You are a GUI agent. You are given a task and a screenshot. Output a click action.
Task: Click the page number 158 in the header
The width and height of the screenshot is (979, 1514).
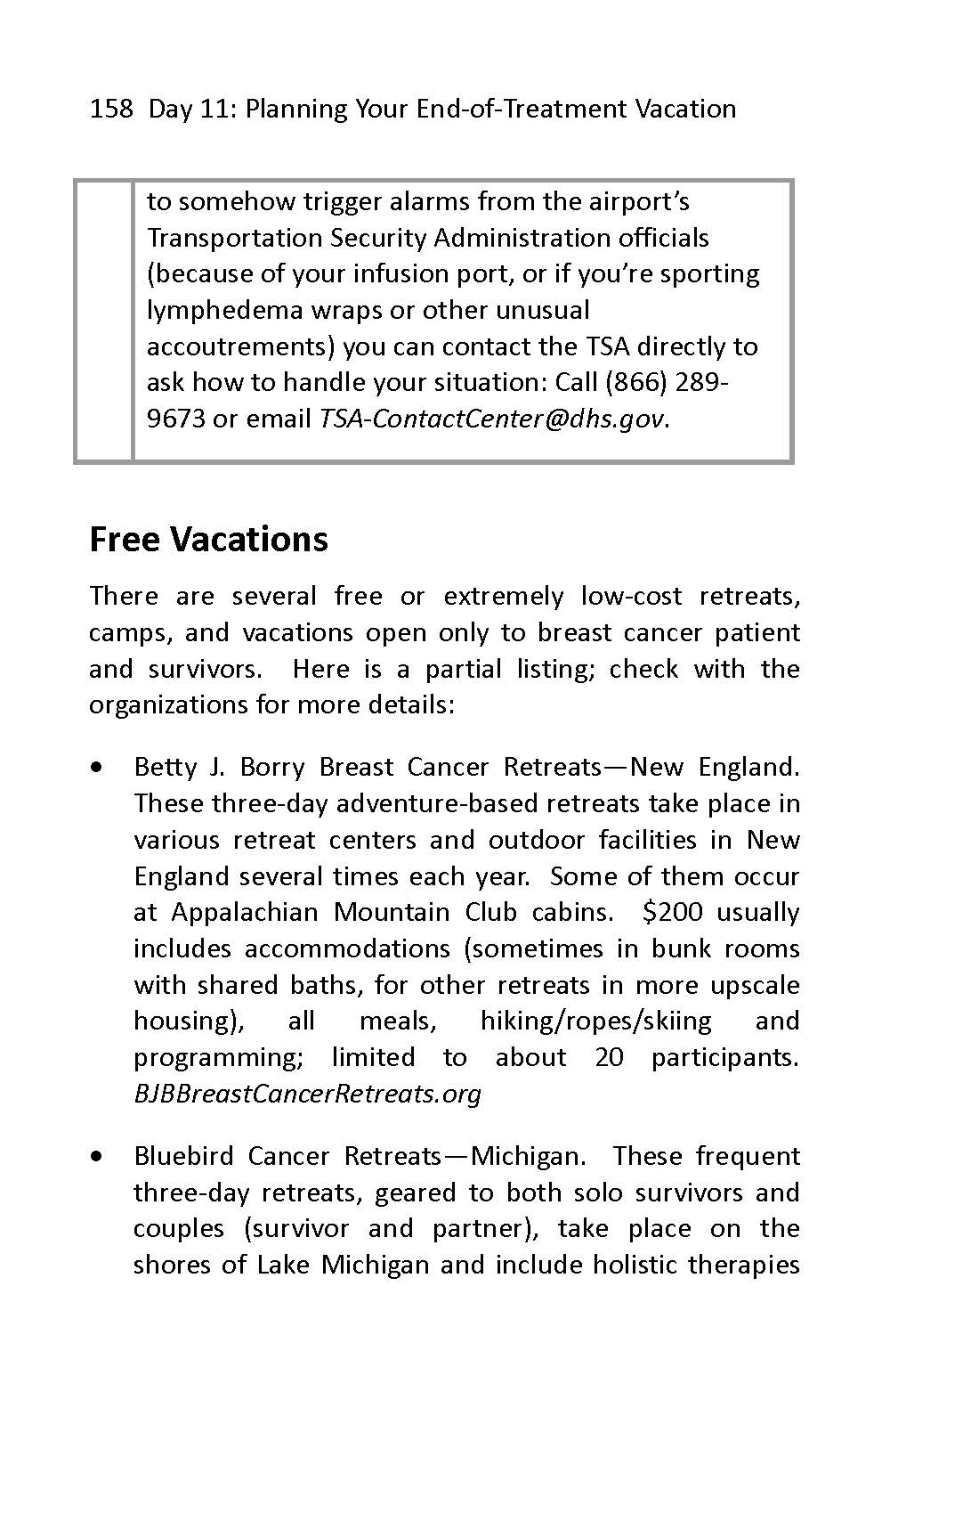point(111,110)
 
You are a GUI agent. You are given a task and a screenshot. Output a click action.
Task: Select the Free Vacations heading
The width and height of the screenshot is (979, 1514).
point(208,540)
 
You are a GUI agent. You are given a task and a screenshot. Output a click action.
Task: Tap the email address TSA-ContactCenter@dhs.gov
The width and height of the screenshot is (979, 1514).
point(491,419)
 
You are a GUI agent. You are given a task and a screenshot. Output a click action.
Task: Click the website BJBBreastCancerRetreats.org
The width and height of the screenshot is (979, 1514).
point(307,1094)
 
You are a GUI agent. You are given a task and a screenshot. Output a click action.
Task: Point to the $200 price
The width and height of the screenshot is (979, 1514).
point(672,912)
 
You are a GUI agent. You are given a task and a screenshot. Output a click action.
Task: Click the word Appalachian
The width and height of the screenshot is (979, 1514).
point(244,912)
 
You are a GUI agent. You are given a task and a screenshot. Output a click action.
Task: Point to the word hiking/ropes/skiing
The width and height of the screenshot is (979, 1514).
point(595,1021)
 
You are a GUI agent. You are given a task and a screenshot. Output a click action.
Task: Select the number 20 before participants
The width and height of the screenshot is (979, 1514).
point(609,1057)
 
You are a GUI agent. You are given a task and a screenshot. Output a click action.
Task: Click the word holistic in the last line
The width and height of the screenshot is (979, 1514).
point(635,1265)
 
